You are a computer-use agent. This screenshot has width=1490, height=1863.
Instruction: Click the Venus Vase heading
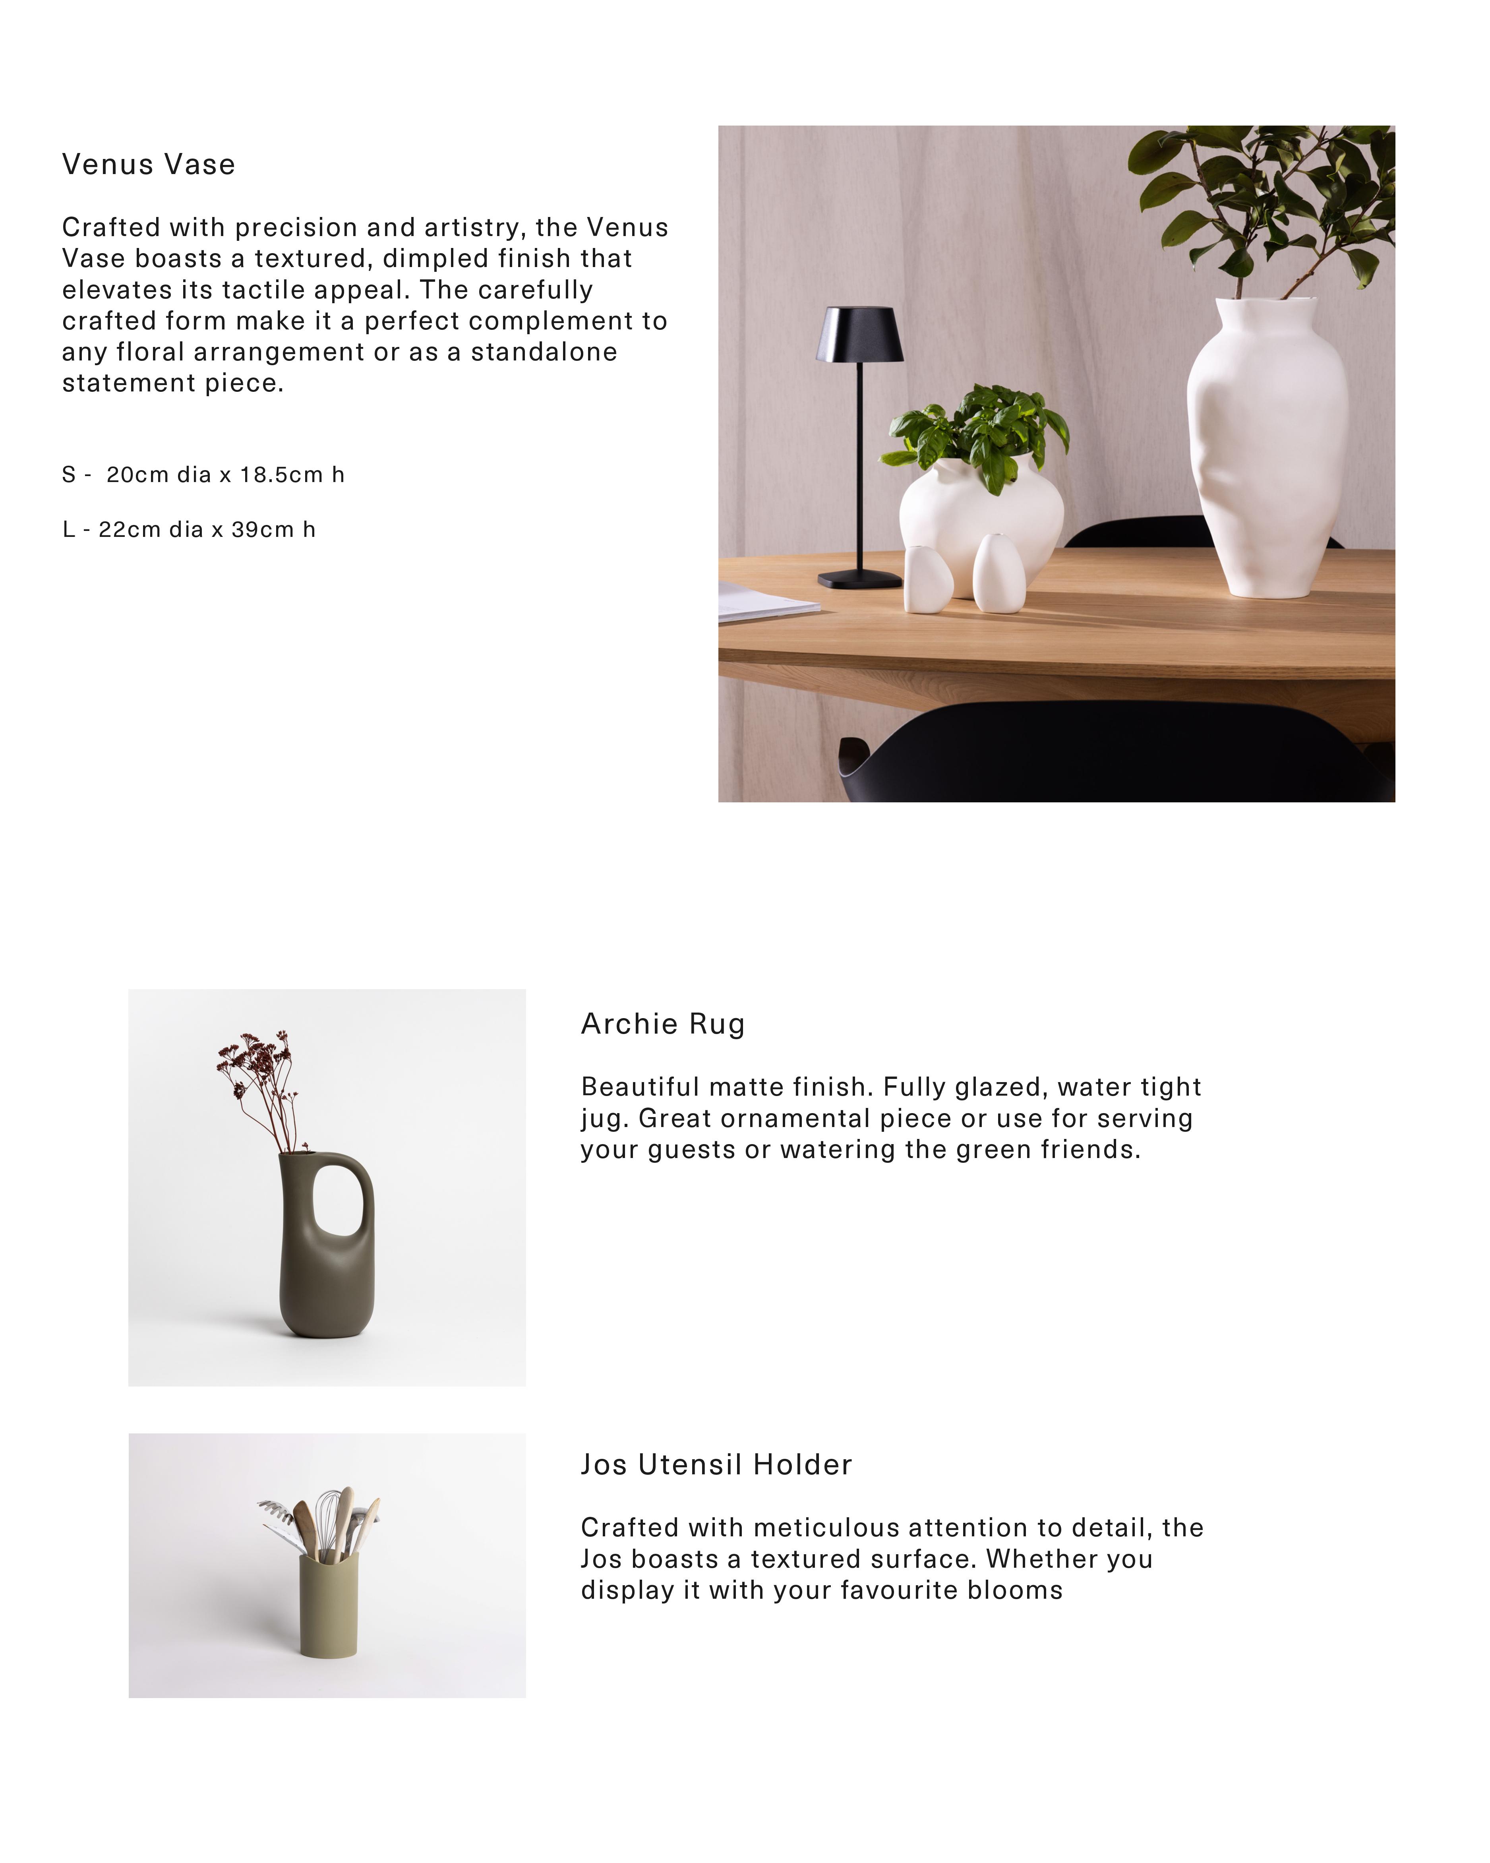coord(149,164)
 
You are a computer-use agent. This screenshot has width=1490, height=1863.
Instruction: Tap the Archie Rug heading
coord(662,1024)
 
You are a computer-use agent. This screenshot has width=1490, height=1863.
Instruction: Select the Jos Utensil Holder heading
coord(716,1465)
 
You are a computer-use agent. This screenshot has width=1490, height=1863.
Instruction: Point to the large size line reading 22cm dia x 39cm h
coord(189,530)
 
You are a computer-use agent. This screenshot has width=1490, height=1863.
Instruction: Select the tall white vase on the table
coord(1267,449)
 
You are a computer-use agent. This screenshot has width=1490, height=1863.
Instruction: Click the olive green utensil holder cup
coord(328,1605)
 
